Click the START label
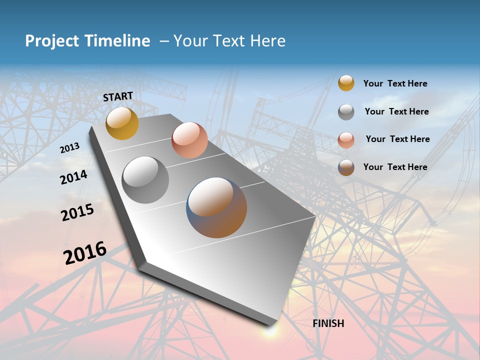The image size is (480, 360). coord(118,96)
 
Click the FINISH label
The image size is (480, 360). coord(328,323)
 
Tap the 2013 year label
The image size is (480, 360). coord(69,148)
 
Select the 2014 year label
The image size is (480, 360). coord(73,177)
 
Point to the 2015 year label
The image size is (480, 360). coord(77,212)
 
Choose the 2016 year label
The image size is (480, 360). coord(85,252)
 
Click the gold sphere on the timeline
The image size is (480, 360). coord(122,123)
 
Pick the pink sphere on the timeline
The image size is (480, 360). coord(189,140)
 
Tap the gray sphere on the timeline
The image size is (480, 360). coord(145,180)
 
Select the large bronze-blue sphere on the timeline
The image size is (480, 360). coord(216,207)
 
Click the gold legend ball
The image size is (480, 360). coord(346,83)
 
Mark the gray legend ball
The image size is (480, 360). coord(346,112)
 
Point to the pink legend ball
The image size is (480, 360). coord(346,140)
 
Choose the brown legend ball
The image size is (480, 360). coord(346,167)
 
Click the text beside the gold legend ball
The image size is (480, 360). coord(395,83)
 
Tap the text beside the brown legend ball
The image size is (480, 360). coord(395,167)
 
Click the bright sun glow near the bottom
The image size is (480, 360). coord(270,330)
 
